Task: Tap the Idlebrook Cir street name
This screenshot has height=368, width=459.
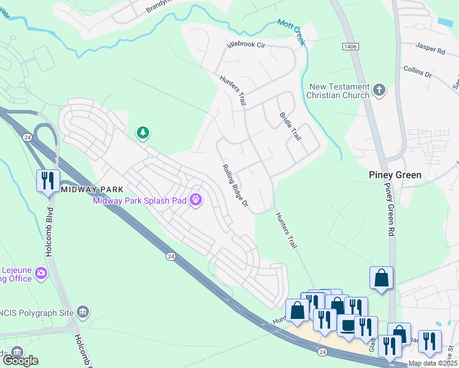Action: pos(245,45)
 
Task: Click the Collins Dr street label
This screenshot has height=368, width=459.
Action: pos(418,71)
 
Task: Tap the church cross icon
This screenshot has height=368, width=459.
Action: pos(379,90)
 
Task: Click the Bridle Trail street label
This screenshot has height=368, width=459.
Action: pos(290,126)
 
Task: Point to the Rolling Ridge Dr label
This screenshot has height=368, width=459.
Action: pos(235,185)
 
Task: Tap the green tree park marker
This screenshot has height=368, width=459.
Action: pos(142,132)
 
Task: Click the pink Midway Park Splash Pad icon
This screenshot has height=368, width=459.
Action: pos(196,199)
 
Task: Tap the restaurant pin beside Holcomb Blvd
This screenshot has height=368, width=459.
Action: pos(48,180)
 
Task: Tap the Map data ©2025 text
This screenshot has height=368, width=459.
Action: pos(433,363)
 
